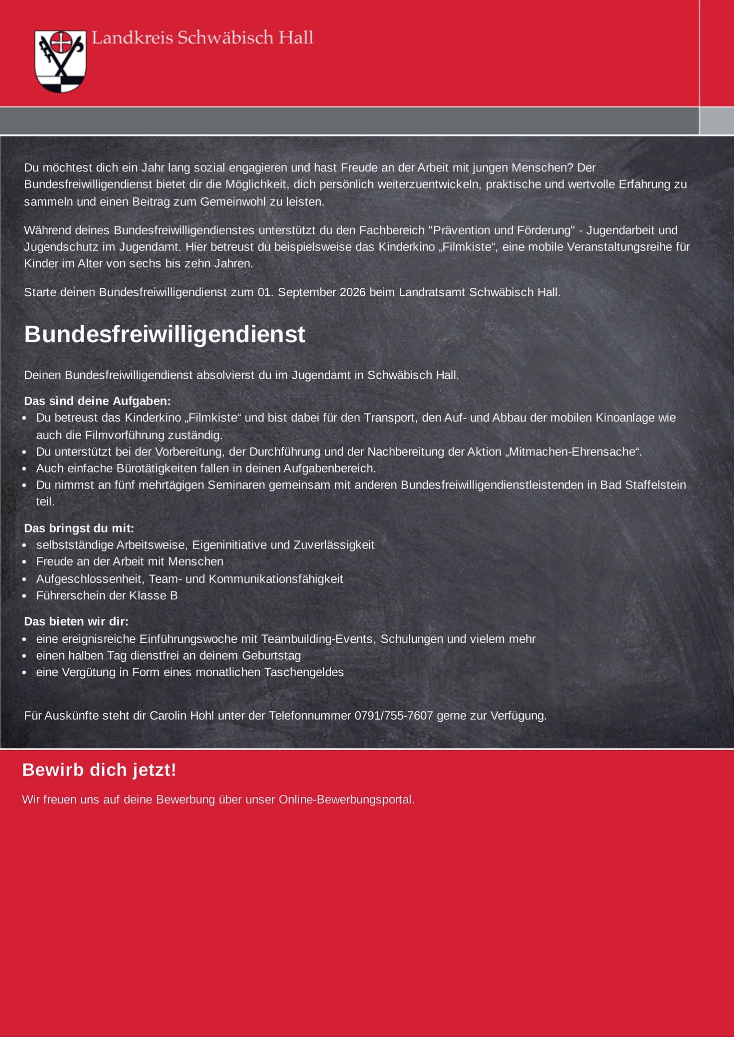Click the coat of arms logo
point(60,61)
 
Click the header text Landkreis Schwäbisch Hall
point(202,38)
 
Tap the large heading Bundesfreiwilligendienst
point(165,334)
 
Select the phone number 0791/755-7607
point(393,716)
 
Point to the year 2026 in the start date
point(352,292)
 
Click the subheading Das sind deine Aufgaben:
point(97,401)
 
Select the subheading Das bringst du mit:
point(79,528)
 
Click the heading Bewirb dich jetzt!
point(99,770)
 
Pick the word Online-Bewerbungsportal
point(346,799)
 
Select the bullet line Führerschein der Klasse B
point(107,595)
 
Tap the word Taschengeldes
point(304,672)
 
